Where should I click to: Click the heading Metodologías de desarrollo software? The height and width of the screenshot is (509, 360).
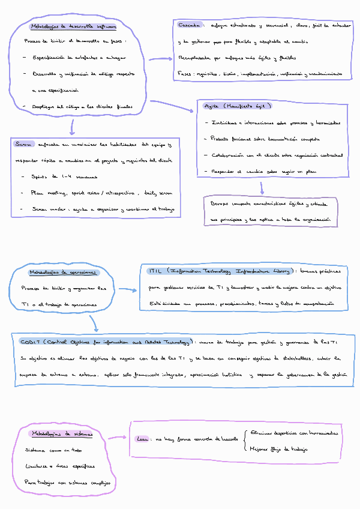[x=73, y=27]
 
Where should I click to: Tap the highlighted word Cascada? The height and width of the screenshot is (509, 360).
[x=190, y=26]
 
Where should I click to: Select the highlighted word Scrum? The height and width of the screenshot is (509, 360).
[x=23, y=145]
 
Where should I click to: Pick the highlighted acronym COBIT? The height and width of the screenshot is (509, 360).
[x=29, y=342]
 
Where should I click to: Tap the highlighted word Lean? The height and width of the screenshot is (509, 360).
[x=143, y=440]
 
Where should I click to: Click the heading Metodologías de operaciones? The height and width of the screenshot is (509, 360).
[x=63, y=273]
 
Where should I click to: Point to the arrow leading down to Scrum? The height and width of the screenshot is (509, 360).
[x=72, y=126]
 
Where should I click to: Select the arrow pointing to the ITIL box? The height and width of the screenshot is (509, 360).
[x=127, y=290]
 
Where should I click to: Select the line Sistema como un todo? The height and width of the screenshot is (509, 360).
[x=53, y=450]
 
